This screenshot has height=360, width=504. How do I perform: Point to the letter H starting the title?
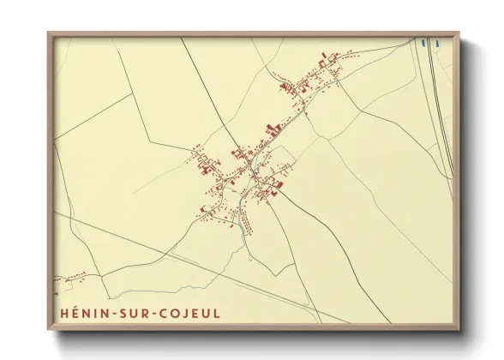click(65, 313)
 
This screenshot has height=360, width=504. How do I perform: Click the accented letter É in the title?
click(77, 313)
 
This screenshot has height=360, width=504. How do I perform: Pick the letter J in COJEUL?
click(189, 313)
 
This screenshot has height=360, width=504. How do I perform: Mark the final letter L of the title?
click(217, 313)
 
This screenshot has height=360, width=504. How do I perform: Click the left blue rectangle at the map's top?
click(424, 39)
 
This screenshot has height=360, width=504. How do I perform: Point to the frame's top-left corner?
click(49, 33)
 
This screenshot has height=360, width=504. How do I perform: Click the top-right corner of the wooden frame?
click(459, 33)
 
